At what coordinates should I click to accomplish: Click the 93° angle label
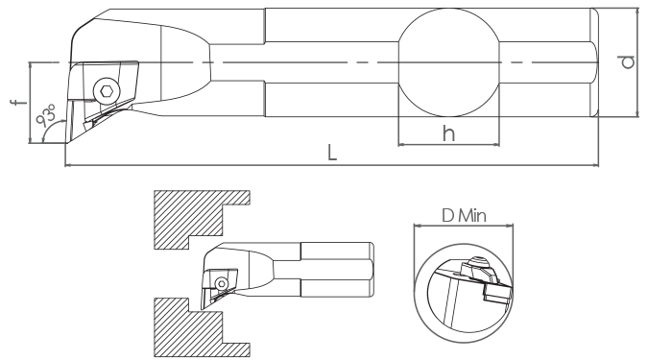46,115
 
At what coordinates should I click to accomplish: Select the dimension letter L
332,152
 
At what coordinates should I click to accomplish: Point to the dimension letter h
449,133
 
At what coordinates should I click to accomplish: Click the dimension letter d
627,62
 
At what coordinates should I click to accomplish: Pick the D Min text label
464,215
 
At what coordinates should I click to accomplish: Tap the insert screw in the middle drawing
222,284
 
